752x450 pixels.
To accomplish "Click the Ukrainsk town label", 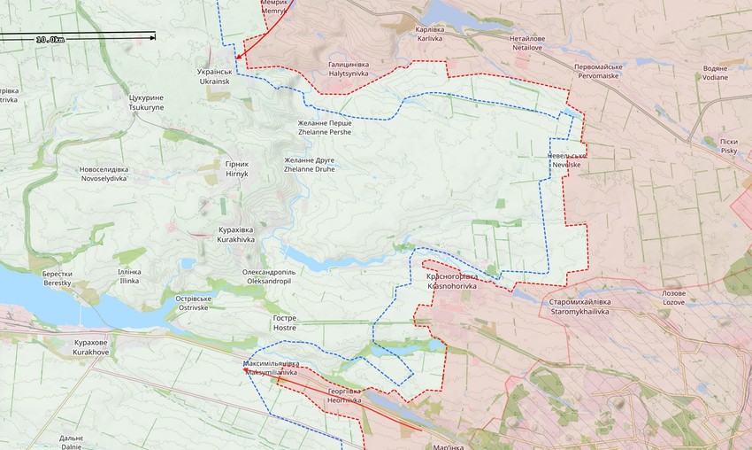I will click(x=214, y=76).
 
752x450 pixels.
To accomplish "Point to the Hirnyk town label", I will click(x=237, y=169).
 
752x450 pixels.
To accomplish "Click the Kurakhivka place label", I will click(x=236, y=235).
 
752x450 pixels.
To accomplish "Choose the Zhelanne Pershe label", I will click(x=324, y=128).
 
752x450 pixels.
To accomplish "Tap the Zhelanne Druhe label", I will click(x=309, y=164).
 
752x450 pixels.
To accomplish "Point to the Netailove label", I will click(x=527, y=44).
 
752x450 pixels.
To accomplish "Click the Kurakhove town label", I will click(x=90, y=347).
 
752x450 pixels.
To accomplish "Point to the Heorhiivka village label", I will click(x=344, y=395).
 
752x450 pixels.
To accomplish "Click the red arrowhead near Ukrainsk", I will click(x=248, y=62).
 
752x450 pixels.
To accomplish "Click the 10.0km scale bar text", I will click(x=49, y=40).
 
